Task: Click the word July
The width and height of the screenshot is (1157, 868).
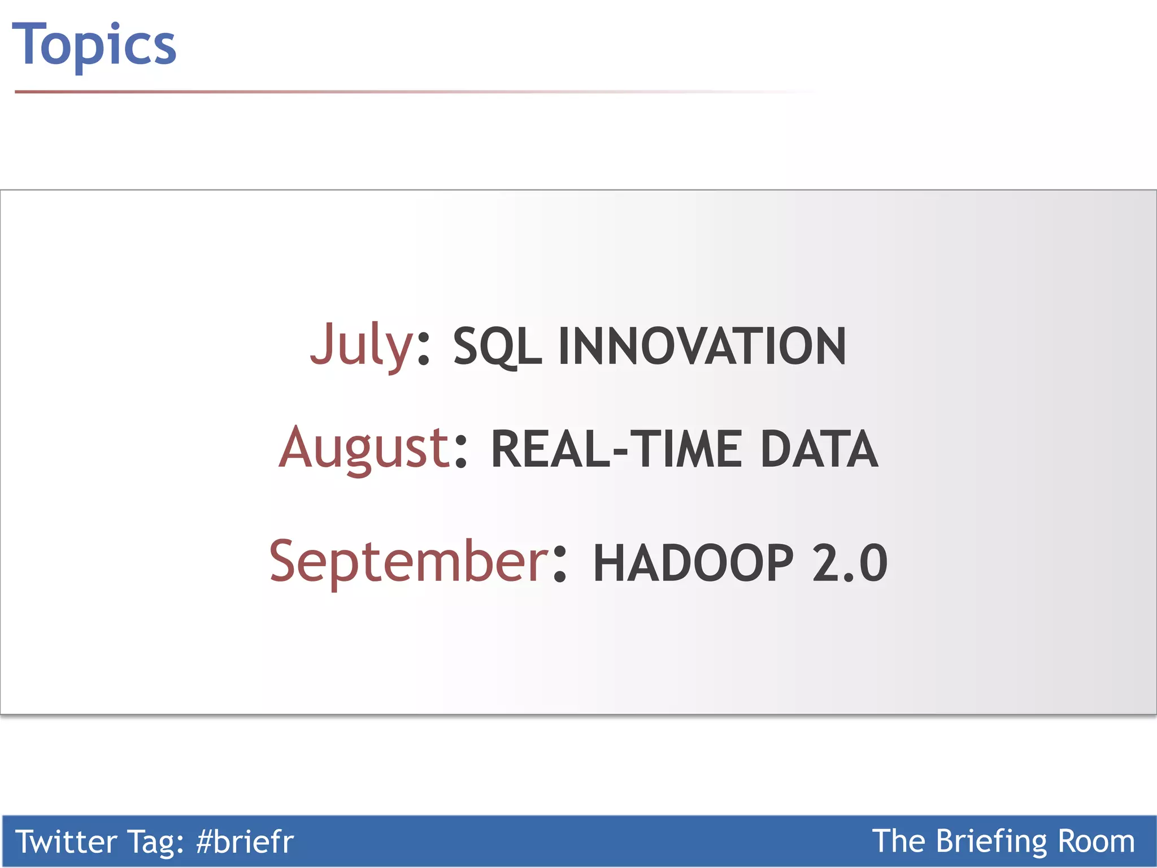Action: (362, 345)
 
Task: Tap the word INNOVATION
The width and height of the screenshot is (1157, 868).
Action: (702, 346)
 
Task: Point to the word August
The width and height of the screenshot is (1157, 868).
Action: (364, 448)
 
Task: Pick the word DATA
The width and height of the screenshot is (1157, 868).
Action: (819, 449)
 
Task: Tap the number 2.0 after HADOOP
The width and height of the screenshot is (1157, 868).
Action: (850, 563)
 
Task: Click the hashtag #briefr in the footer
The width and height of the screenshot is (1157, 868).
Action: (245, 841)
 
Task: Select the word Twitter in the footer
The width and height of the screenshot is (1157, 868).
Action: (66, 841)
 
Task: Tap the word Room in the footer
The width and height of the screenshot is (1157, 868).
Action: (1096, 841)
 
